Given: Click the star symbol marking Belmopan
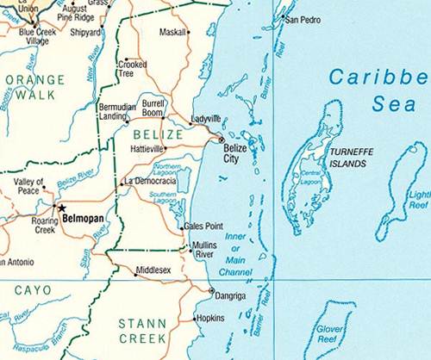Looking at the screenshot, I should (60, 208).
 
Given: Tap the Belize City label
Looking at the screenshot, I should (235, 153).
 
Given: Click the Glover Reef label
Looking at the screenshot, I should (330, 334).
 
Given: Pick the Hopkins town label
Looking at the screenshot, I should (211, 319).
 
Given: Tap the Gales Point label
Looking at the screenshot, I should (204, 227).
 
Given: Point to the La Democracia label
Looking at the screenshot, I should (151, 181).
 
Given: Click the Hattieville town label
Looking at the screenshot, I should (147, 148).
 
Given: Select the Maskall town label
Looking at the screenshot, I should (173, 33).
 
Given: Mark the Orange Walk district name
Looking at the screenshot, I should (34, 87).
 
